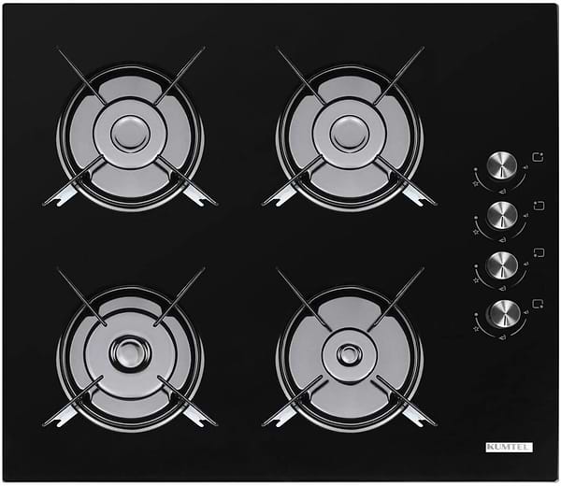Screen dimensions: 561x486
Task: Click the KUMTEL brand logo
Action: tap(509, 447)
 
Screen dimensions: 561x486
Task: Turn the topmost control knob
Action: tap(502, 166)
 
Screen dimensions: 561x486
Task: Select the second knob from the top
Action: tap(502, 216)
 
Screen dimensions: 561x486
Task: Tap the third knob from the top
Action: tap(502, 265)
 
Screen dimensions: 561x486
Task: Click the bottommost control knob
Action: tap(505, 314)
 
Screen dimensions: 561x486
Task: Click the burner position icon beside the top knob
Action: tap(539, 157)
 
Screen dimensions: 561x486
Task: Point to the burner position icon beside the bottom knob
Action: tap(539, 303)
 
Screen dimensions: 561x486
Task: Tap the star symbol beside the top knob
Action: tap(476, 183)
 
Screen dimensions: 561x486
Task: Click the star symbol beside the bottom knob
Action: tap(476, 328)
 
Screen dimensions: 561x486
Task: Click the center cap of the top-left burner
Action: tap(130, 134)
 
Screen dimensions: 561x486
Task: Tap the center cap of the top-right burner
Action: tap(349, 134)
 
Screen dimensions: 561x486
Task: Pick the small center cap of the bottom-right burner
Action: tap(349, 354)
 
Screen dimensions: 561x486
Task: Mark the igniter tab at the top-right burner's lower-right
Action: tap(419, 196)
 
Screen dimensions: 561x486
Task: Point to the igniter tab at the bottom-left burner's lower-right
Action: tap(199, 417)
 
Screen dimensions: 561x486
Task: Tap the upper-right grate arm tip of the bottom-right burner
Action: tap(423, 269)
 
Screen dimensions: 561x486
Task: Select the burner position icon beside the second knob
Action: tap(539, 206)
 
